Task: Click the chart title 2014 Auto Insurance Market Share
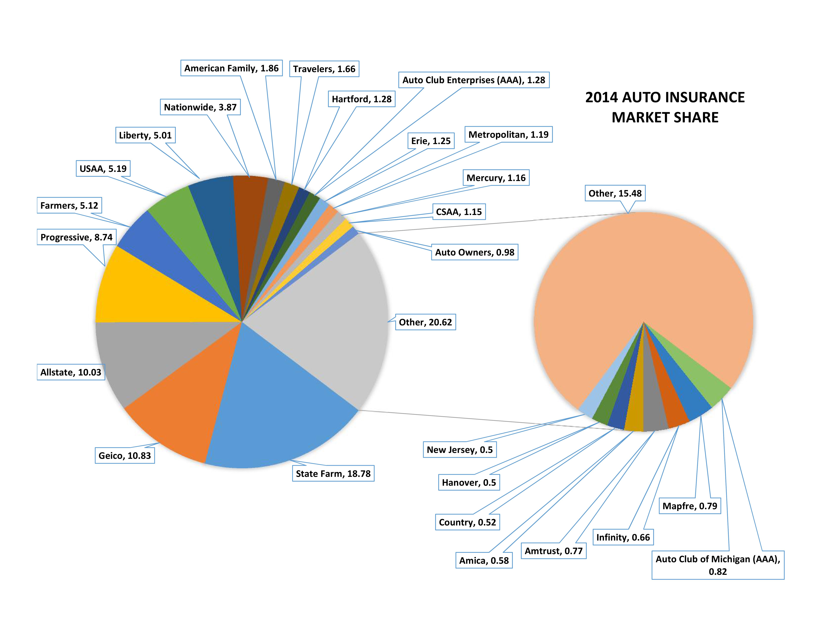click(x=665, y=107)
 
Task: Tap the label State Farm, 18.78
click(x=333, y=474)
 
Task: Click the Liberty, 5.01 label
click(x=145, y=135)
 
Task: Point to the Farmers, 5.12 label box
click(x=69, y=205)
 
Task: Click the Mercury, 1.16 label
click(x=496, y=178)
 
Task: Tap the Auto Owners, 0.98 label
click(x=475, y=252)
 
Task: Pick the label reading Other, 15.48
click(x=615, y=193)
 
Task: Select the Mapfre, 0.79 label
click(x=690, y=506)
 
